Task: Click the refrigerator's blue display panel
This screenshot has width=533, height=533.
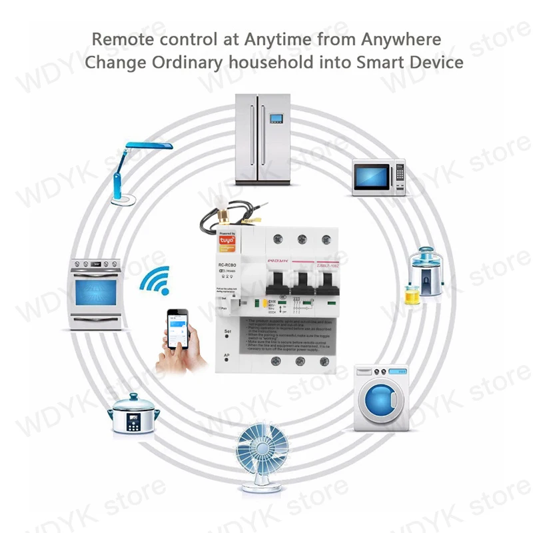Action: pos(275,121)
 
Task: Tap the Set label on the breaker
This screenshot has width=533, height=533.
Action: pos(227,331)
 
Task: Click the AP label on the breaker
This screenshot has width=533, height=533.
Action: pos(227,356)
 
